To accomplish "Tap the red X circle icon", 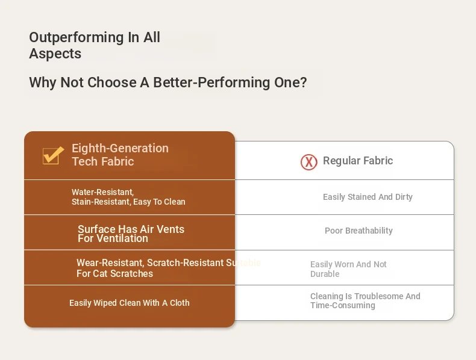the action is click(x=308, y=162).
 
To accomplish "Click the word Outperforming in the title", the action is click(x=76, y=38).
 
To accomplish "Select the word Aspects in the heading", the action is click(x=55, y=54).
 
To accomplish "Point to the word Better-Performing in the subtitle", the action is click(x=211, y=82).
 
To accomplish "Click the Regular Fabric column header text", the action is click(x=358, y=161).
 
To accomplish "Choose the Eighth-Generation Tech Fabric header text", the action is click(x=120, y=155).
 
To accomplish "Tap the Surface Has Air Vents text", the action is click(x=131, y=229).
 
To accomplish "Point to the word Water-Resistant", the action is click(x=102, y=192).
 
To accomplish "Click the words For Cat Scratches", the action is click(x=114, y=273).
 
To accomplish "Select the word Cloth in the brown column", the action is click(x=180, y=303).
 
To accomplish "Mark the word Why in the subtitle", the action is click(x=43, y=82).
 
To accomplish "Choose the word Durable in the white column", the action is click(x=325, y=274).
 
